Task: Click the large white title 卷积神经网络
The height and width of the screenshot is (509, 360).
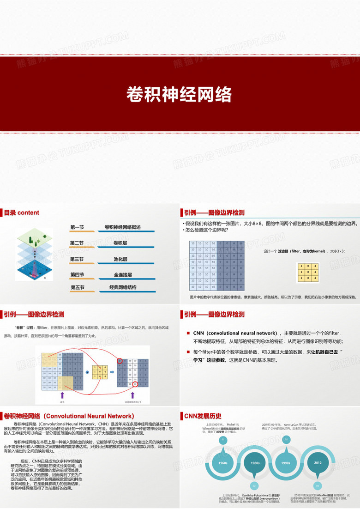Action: tap(179, 94)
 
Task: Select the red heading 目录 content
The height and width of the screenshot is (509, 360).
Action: tap(22, 213)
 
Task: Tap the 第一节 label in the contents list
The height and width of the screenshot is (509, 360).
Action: tap(77, 227)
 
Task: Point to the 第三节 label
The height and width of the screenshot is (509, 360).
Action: tap(77, 259)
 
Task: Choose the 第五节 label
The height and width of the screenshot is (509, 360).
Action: tap(77, 287)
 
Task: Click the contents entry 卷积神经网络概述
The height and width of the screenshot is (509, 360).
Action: tap(122, 227)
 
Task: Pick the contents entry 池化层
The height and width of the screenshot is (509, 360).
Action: tap(120, 259)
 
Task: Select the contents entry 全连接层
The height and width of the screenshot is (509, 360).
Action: tap(123, 275)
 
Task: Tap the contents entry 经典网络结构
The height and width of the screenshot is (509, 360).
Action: tap(123, 287)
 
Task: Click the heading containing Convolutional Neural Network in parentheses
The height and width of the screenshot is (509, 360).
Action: tap(69, 416)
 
